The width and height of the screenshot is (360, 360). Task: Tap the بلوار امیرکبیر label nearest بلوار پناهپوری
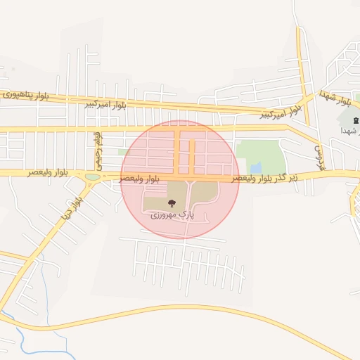point(105,104)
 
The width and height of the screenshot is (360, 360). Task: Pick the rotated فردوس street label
point(317,150)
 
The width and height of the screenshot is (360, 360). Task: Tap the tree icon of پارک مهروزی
point(172,203)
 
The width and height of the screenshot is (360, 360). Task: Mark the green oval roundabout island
point(92,176)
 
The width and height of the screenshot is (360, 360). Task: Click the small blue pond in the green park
point(256,167)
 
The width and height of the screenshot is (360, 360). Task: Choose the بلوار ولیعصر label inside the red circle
point(139,179)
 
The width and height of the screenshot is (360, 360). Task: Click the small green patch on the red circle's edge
point(124,151)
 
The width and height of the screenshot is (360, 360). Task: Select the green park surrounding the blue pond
point(260,151)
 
